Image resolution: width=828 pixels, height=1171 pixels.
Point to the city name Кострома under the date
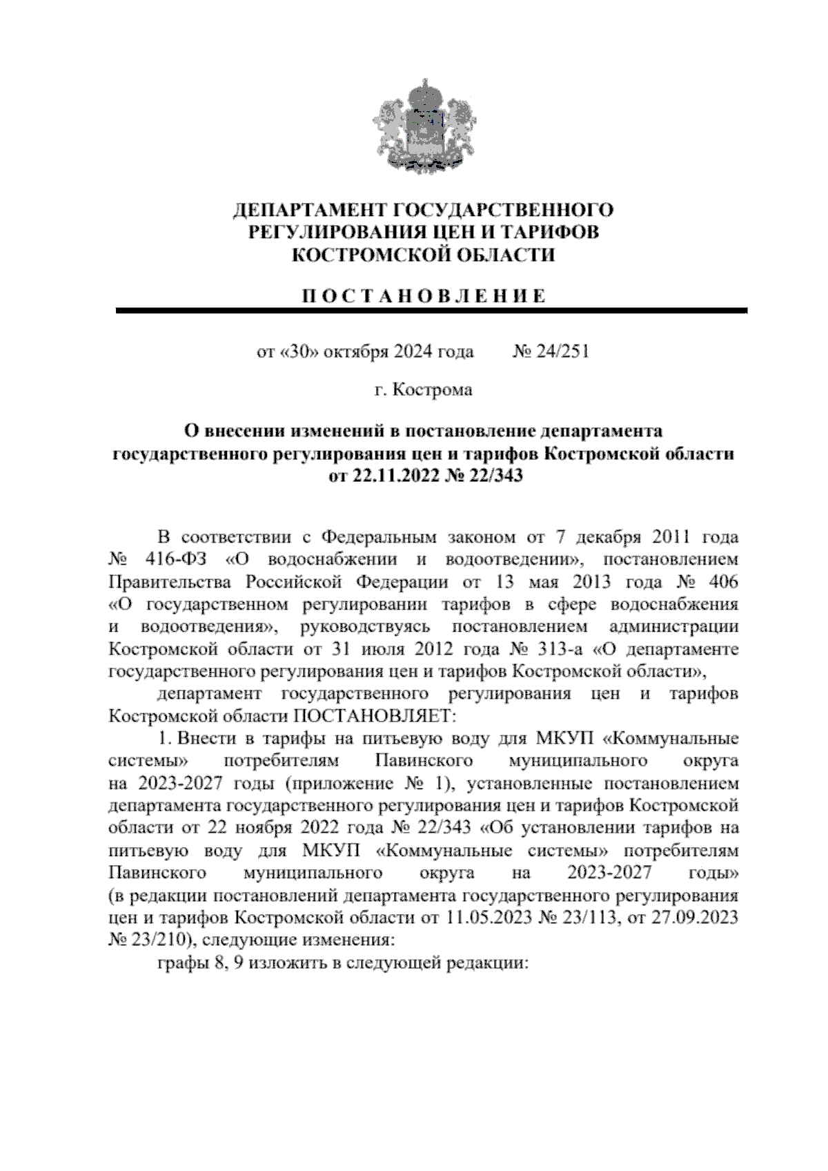(433, 391)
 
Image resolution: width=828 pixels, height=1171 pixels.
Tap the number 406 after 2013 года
(722, 581)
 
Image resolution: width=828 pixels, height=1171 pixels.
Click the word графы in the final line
(181, 964)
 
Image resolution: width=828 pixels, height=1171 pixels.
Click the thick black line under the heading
(431, 311)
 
